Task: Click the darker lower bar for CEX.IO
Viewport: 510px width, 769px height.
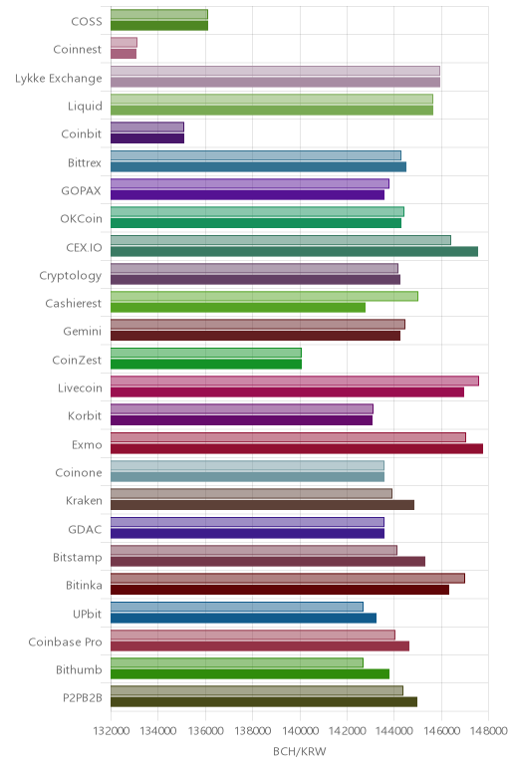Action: [294, 252]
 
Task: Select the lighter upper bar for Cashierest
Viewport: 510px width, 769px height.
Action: [264, 296]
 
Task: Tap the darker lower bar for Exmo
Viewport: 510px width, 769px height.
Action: [297, 448]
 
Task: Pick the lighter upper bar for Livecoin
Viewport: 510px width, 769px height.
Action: [295, 382]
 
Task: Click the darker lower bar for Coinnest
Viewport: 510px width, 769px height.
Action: [124, 54]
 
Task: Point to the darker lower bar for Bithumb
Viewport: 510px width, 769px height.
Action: [250, 674]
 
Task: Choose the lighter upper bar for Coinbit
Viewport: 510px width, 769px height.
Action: [147, 128]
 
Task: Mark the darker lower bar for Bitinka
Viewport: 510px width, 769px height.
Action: [280, 590]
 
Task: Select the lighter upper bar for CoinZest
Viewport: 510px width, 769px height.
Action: [206, 353]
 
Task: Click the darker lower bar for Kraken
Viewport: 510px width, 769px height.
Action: [262, 505]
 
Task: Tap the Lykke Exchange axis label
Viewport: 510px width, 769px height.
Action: [59, 79]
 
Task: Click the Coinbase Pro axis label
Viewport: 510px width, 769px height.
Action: [65, 641]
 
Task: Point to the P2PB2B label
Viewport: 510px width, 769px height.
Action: [83, 698]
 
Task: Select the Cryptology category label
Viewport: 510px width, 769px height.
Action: [71, 276]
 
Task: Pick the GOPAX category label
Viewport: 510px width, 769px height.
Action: [82, 191]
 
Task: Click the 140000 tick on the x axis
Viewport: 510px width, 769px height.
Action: [300, 731]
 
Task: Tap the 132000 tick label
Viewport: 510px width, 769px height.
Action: [112, 731]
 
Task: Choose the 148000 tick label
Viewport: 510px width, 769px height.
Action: [488, 731]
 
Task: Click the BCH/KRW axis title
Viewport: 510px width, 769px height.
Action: [299, 751]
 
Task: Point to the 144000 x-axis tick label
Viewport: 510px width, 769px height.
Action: [393, 731]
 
